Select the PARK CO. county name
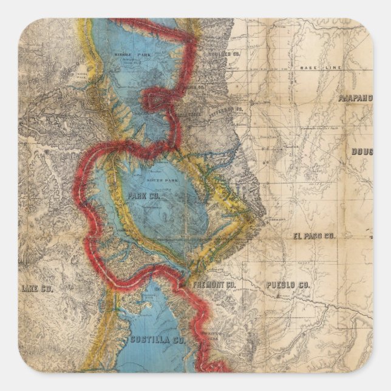click(x=143, y=195)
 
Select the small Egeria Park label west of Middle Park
click(x=83, y=77)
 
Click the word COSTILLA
click(x=148, y=341)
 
